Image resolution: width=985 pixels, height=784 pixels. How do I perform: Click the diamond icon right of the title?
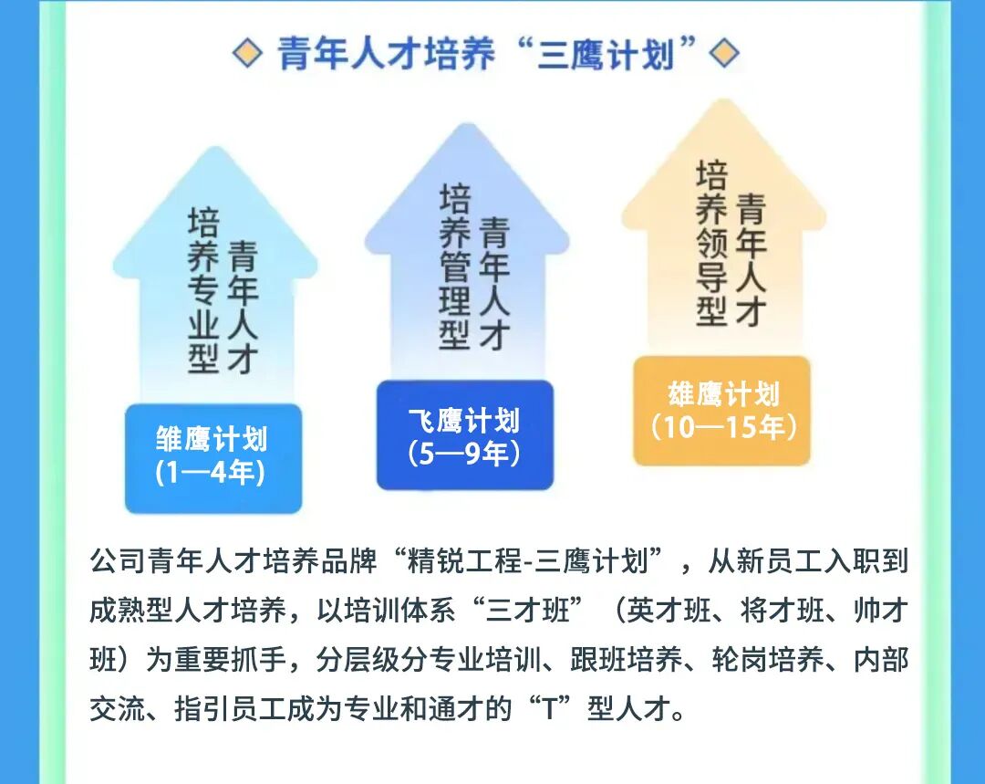point(724,54)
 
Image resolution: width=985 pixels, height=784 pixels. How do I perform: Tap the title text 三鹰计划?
point(606,55)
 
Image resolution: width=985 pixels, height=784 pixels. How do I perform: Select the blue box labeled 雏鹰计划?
point(213,457)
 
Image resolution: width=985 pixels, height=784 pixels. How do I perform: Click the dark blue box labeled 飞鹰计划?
point(464,435)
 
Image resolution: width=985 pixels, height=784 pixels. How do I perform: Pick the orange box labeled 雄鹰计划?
point(722,410)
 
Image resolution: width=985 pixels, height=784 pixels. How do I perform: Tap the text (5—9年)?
point(465,453)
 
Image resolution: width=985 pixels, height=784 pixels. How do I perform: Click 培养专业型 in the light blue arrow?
point(203,290)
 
